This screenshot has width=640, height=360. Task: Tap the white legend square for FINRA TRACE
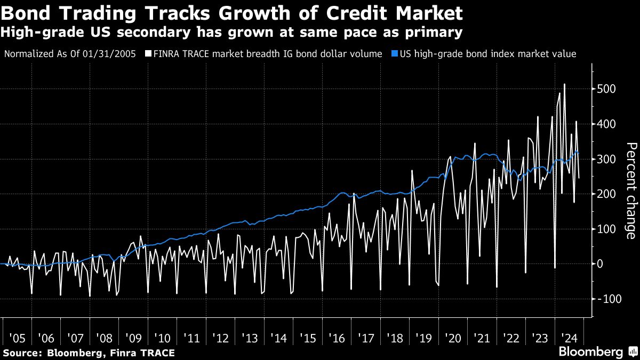(x=149, y=54)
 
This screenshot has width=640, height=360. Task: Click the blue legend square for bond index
(x=394, y=54)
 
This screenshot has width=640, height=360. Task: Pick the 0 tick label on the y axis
(x=601, y=264)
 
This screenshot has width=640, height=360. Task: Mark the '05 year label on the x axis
(x=17, y=338)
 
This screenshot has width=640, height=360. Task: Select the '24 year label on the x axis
(x=570, y=338)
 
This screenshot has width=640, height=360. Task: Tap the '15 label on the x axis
(x=308, y=338)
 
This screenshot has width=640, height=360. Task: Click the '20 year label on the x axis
(x=453, y=338)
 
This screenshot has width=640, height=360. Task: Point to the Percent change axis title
(x=630, y=190)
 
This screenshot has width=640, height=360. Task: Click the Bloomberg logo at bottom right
(x=590, y=352)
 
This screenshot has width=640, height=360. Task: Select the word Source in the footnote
(x=22, y=353)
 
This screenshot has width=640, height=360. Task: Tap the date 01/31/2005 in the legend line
(x=114, y=54)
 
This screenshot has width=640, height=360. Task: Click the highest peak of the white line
(x=564, y=84)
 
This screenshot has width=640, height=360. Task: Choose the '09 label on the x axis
(x=133, y=338)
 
